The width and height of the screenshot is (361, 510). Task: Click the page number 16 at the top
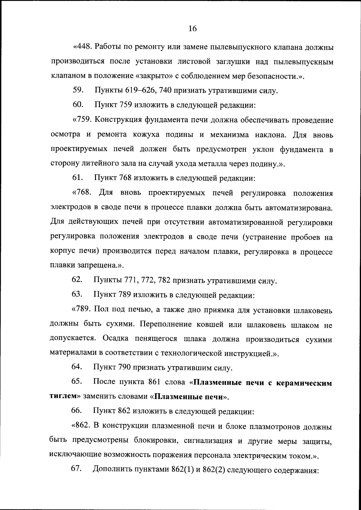pos(192,28)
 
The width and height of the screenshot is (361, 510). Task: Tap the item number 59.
pos(78,90)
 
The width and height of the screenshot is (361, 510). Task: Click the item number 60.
pos(78,105)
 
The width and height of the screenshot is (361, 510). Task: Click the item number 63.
pos(77,294)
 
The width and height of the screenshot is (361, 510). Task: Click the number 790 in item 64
pos(125,367)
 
